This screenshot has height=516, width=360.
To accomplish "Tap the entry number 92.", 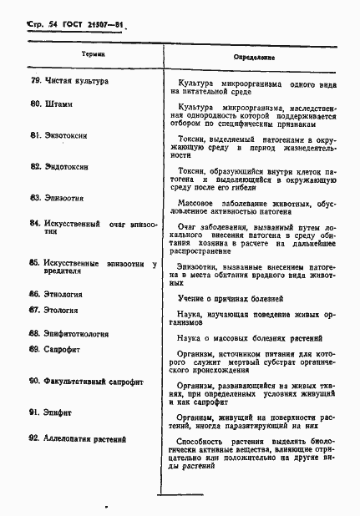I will coord(34,438).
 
